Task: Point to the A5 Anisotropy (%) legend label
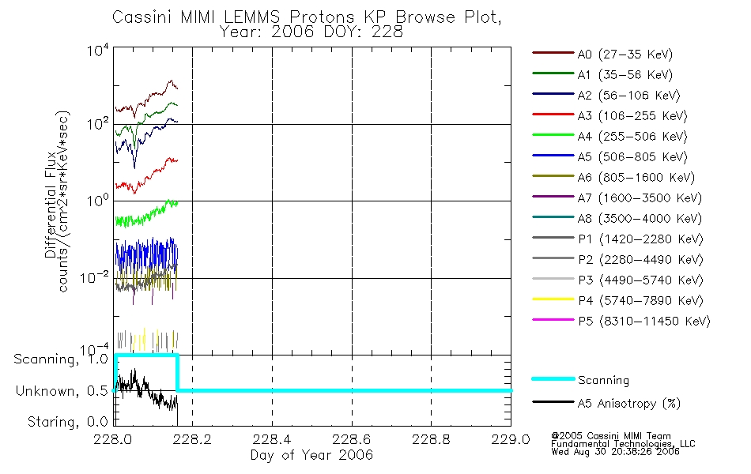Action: click(x=628, y=404)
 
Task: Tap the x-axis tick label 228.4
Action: click(x=272, y=440)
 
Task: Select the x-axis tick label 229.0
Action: click(x=511, y=440)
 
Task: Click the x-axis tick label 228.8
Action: click(x=432, y=440)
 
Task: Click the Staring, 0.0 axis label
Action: click(x=67, y=423)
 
